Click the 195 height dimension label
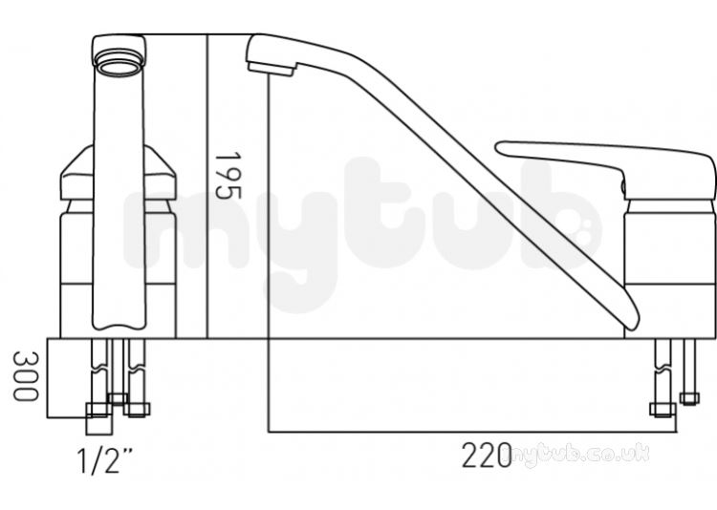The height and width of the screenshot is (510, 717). click(x=228, y=176)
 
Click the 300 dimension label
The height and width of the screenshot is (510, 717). click(x=25, y=375)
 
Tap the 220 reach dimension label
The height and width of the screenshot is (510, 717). click(x=487, y=456)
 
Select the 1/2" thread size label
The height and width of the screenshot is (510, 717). click(x=104, y=460)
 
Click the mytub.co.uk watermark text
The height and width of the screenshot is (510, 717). click(x=580, y=456)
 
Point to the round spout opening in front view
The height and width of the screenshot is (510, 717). click(x=119, y=63)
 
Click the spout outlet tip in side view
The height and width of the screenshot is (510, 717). click(x=272, y=69)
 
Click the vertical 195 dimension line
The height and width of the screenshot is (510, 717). click(x=207, y=186)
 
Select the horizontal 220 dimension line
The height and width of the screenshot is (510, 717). click(x=472, y=432)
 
